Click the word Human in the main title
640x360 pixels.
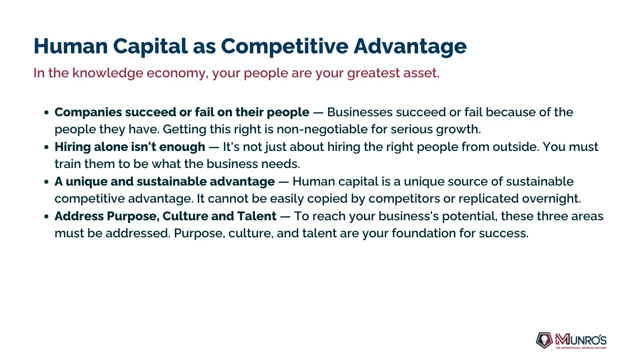70,46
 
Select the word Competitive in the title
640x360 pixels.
285,46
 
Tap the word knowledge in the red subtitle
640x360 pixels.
107,73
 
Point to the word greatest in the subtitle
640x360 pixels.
373,74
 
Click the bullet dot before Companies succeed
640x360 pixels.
46,113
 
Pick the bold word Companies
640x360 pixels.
89,113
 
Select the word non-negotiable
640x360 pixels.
322,130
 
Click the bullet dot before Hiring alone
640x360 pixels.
46,147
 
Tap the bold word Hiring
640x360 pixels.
73,147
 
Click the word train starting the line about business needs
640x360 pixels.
68,164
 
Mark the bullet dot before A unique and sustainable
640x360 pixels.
46,182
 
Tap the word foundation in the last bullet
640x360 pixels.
423,234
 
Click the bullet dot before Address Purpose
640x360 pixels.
46,217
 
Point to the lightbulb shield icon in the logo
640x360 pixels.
545,340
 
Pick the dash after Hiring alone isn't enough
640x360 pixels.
214,147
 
